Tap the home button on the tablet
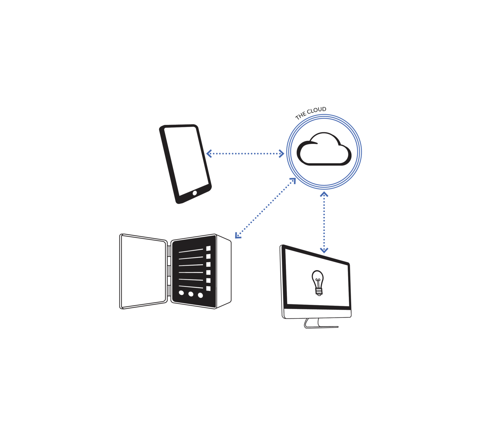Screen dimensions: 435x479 click(195, 193)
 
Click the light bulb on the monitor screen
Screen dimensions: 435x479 click(318, 282)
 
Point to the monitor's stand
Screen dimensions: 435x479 click(312, 323)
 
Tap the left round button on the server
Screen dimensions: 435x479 click(181, 293)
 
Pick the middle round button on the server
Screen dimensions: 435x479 click(191, 294)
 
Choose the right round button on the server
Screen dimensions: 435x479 click(200, 295)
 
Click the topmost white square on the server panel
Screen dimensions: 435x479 click(208, 248)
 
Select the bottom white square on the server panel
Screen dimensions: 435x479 click(208, 288)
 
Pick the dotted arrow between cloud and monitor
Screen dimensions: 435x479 click(324, 222)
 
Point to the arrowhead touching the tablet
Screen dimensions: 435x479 click(208, 153)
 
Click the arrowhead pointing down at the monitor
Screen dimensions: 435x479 click(324, 250)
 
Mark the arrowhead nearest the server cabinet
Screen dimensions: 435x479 click(237, 236)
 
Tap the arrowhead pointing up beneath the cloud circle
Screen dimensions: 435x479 click(324, 194)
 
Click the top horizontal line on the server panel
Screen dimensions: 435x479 click(191, 250)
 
